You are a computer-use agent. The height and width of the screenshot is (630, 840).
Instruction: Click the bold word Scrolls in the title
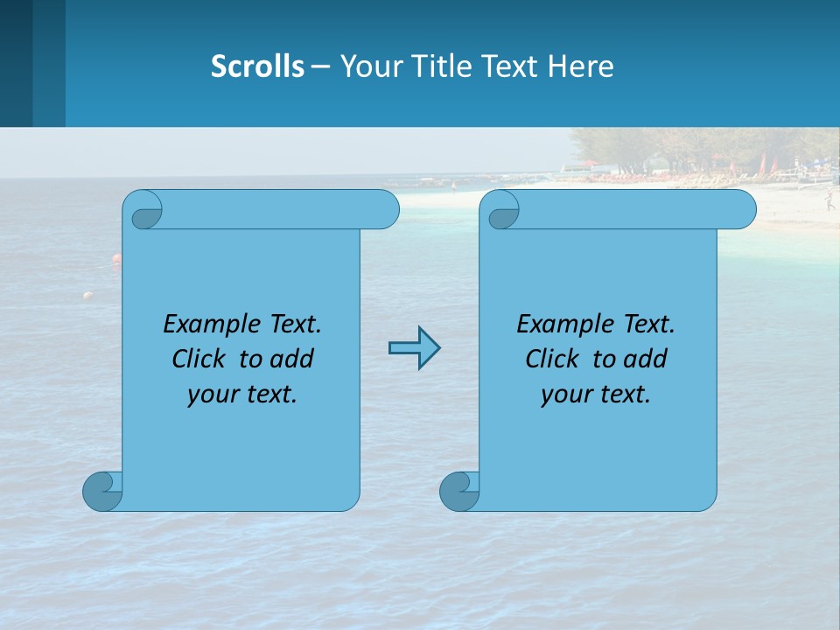[257, 66]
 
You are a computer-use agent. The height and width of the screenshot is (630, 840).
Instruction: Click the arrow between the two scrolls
[414, 348]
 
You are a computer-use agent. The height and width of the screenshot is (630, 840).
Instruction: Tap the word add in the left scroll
[292, 359]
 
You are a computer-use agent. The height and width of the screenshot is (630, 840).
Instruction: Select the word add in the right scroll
[646, 359]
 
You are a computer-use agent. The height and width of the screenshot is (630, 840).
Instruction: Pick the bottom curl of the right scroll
[458, 491]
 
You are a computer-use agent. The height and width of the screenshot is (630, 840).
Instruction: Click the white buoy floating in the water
[87, 296]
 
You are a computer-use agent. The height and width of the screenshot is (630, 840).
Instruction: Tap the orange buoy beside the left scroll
[115, 258]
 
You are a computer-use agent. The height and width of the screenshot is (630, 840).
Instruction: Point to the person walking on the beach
[828, 201]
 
